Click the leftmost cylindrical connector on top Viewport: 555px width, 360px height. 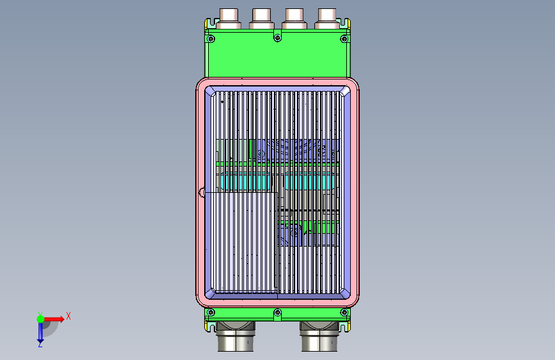pos(229,19)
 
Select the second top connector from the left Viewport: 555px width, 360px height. pos(262,19)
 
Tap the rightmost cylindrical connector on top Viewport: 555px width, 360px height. pos(327,19)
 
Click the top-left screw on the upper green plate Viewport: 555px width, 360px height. pos(211,38)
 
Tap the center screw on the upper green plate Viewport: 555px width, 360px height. pos(278,38)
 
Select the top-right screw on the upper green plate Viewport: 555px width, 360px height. pos(344,38)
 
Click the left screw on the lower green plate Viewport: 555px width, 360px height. pos(211,313)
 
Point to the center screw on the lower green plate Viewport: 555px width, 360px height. pos(278,313)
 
